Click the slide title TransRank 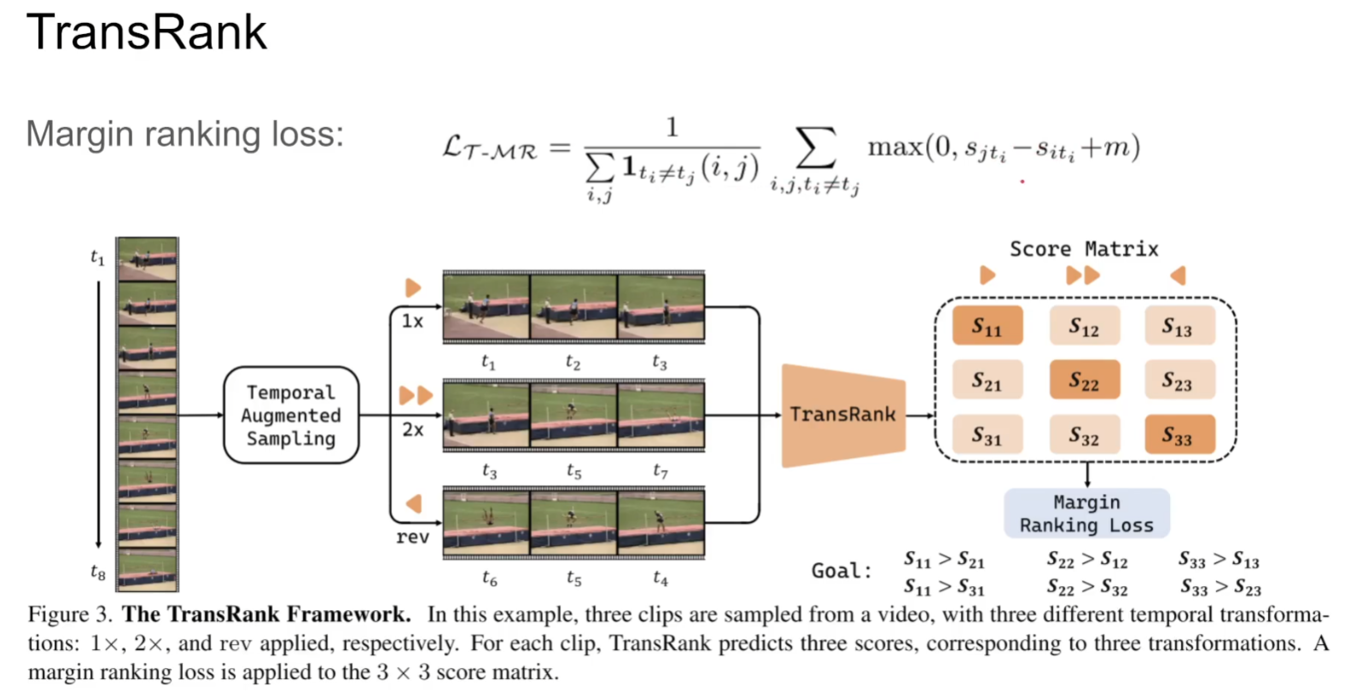[147, 32]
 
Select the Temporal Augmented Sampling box [291, 416]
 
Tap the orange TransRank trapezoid [843, 416]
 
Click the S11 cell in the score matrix [987, 326]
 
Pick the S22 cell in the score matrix [1084, 381]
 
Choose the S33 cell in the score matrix [1179, 435]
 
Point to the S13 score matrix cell [1179, 326]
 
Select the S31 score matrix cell [987, 435]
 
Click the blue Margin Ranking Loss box [1086, 514]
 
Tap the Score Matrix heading [1084, 249]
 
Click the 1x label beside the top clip [412, 321]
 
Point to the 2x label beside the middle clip [412, 429]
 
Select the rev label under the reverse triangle [412, 537]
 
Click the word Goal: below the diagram [841, 571]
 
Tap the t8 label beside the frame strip [98, 573]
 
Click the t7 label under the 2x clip [660, 471]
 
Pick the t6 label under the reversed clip [489, 579]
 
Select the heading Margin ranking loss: [184, 134]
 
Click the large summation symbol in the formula [815, 148]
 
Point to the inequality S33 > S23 [1220, 587]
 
